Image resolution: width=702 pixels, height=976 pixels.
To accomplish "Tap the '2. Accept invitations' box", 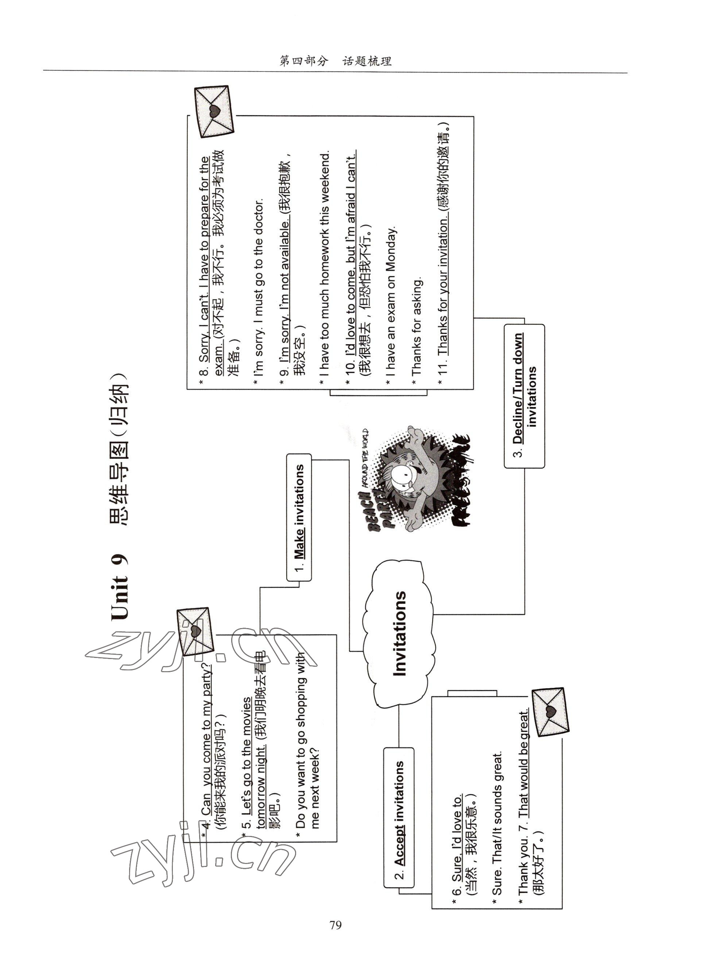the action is point(399,817).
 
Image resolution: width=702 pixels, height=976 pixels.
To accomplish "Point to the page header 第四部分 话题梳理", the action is point(336,61).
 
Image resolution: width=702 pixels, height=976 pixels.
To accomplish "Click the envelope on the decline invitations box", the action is point(214,111).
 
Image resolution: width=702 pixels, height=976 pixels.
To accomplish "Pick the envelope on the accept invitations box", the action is point(550,712).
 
